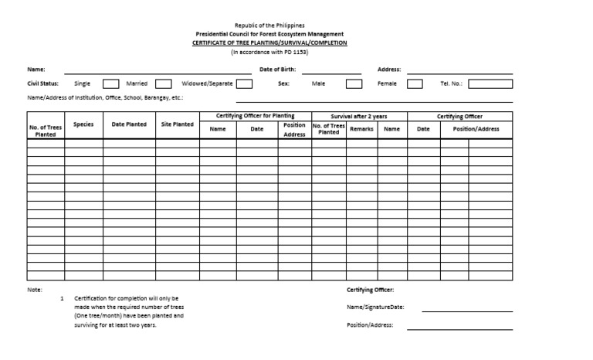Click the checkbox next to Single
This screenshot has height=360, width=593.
111,83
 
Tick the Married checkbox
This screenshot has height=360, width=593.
163,83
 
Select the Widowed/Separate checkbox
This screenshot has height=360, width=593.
244,83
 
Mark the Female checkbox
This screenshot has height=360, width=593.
415,83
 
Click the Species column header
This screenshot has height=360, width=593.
83,124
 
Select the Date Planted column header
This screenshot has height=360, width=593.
129,124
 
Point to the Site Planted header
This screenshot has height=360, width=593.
178,124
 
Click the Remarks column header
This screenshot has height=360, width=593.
361,129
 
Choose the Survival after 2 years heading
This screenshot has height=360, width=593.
359,116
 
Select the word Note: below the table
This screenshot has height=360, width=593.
35,289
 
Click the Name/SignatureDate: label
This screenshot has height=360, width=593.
375,307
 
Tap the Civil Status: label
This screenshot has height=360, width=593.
43,83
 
